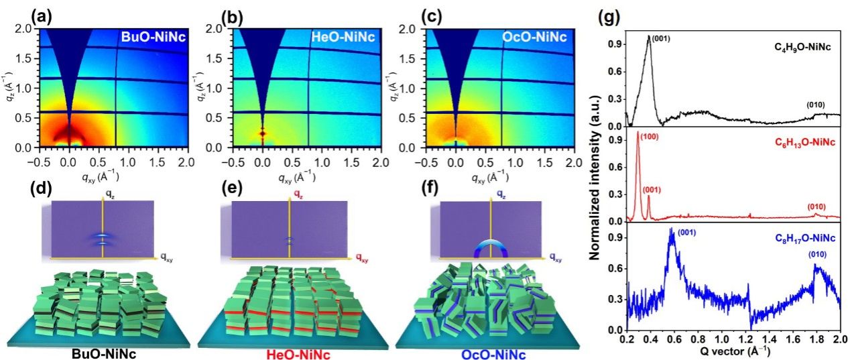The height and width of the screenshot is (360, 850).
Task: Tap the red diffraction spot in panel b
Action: tap(263, 133)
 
